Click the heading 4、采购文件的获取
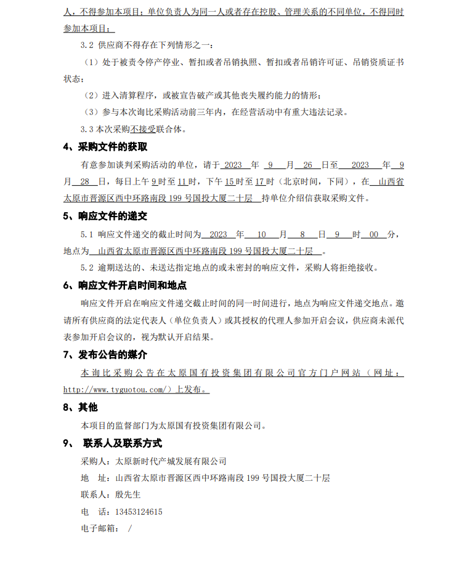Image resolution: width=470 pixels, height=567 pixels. point(105,147)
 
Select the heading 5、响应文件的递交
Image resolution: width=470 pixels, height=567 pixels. point(105,216)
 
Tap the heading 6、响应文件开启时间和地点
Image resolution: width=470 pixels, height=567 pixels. point(125,285)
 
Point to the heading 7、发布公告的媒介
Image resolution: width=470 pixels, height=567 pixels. point(105,355)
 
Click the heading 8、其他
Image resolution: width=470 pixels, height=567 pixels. point(80,407)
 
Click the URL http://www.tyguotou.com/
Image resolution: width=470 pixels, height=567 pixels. point(115,390)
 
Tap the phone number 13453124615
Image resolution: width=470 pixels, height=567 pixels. point(139,512)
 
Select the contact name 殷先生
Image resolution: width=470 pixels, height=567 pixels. point(128,494)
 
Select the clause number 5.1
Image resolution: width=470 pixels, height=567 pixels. point(87,234)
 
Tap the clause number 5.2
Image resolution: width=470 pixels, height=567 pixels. point(87,268)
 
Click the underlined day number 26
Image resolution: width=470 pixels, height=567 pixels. point(308,165)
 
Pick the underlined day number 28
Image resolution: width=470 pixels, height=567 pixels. point(85,182)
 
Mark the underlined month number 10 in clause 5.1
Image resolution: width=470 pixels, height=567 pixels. point(262,234)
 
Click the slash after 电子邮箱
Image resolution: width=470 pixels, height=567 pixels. point(130,528)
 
